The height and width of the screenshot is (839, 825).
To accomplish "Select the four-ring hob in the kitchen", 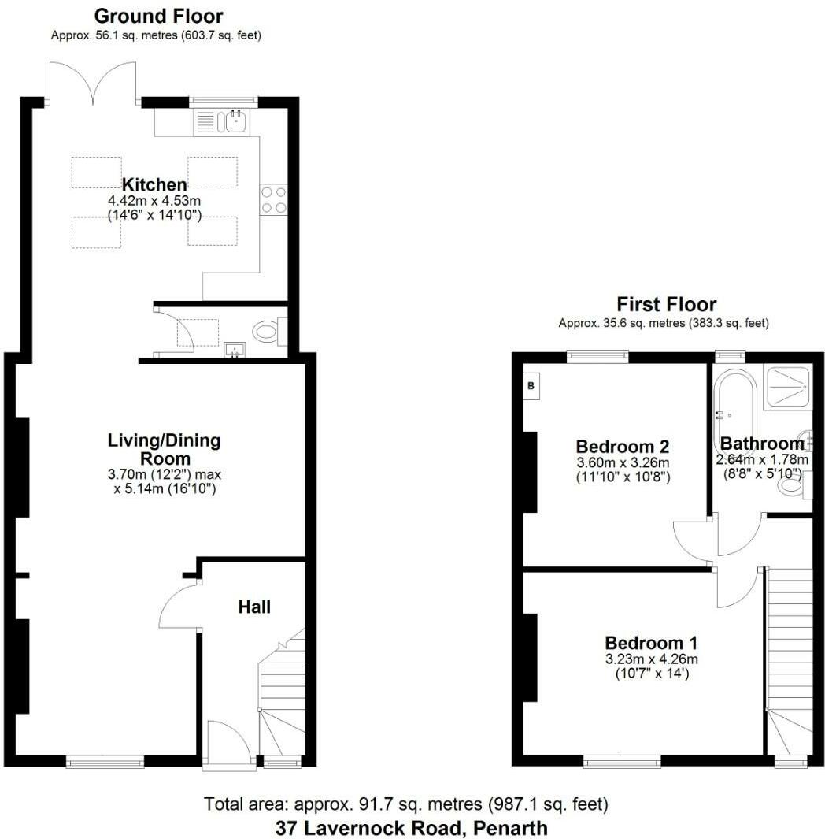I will [272, 199].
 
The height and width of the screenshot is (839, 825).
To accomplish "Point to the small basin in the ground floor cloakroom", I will [233, 348].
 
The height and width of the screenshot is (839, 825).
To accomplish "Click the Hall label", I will [254, 607].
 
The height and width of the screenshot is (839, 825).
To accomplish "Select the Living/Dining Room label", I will [164, 449].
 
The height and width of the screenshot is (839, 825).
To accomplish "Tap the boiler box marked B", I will [531, 386].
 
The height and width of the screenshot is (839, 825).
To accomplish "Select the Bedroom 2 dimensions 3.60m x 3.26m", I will [622, 462].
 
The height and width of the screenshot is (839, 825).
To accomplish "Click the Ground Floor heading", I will [158, 16].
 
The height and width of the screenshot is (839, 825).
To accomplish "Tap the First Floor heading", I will [666, 304].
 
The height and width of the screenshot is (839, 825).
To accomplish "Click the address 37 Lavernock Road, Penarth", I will [411, 828].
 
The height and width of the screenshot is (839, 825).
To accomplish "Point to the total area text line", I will [406, 804].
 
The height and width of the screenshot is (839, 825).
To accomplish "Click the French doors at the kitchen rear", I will [94, 85].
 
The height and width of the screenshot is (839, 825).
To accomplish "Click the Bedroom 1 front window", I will [622, 761].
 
